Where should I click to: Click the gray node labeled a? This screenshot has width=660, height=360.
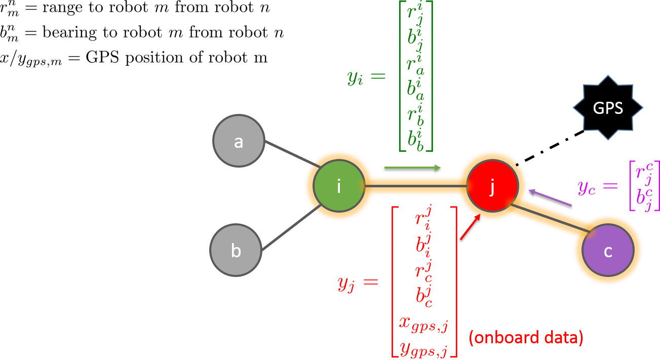(x=239, y=141)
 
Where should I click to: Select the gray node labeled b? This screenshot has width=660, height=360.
(x=236, y=250)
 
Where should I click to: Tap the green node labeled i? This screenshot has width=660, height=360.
(x=339, y=186)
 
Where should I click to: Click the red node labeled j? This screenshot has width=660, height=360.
(x=492, y=186)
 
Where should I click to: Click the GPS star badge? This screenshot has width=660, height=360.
(x=608, y=108)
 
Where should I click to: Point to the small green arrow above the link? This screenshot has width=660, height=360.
(x=413, y=167)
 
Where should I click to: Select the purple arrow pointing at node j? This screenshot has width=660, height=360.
(x=550, y=198)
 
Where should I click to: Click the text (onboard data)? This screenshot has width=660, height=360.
(x=526, y=337)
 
